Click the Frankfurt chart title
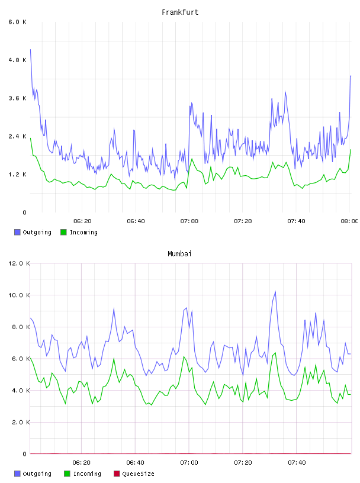tap(180, 12)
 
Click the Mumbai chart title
tap(179, 254)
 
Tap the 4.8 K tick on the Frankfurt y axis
tap(17, 60)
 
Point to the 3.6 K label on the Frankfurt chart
tap(17, 98)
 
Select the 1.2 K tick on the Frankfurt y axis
tap(17, 175)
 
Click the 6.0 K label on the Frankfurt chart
tap(17, 22)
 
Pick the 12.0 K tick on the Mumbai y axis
tap(19, 263)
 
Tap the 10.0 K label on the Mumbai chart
tap(19, 295)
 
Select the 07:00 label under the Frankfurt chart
tap(189, 221)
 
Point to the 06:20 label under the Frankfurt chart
tap(82, 221)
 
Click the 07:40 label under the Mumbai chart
tap(297, 463)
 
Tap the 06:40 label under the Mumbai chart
tap(136, 463)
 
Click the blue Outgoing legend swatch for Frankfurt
tap(17, 232)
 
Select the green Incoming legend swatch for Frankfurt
tap(63, 232)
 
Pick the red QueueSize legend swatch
tap(117, 474)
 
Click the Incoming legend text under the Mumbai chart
tap(87, 474)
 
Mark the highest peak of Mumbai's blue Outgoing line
tap(275, 291)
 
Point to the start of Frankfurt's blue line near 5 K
tap(31, 49)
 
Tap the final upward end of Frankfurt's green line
tap(351, 149)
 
